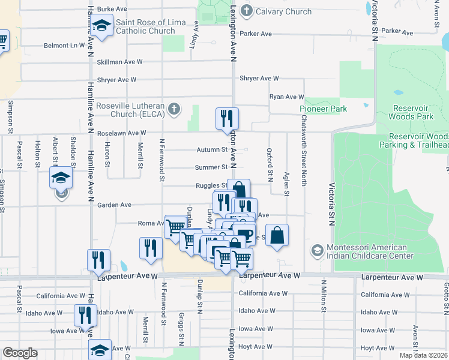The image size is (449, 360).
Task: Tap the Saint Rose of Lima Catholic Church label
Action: [x=145, y=26]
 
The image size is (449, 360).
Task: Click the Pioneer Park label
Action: [x=324, y=109]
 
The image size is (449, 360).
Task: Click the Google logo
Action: [x=20, y=353]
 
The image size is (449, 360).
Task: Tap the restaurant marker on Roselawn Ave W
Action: [x=228, y=119]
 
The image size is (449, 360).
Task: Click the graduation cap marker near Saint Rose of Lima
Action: [x=102, y=26]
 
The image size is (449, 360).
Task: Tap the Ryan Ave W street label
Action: [x=287, y=97]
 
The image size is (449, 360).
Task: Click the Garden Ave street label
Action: [x=114, y=205]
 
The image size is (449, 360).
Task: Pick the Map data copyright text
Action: [x=424, y=355]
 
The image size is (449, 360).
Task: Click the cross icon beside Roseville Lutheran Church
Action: [x=174, y=109]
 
